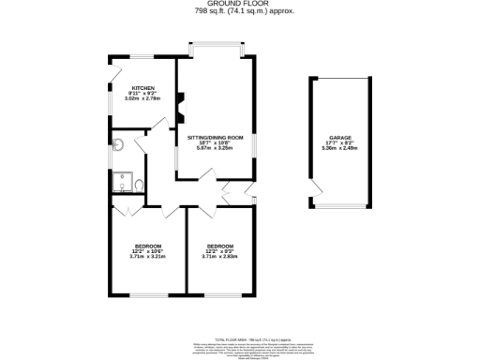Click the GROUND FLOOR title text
239,5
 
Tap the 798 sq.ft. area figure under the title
239,12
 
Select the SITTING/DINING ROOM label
215,138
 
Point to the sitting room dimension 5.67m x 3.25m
215,149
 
